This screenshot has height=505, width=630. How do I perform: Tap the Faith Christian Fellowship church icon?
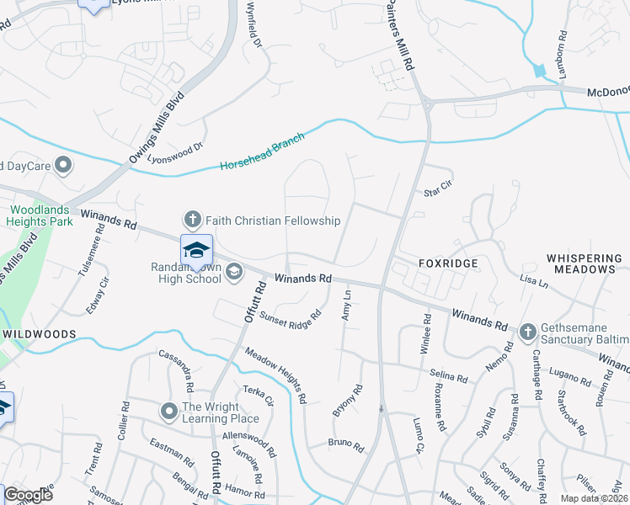click(192, 221)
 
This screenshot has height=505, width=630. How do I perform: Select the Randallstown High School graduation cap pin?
click(196, 251)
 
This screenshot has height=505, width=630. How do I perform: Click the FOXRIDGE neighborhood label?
click(448, 263)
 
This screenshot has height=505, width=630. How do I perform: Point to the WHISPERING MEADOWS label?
click(581, 263)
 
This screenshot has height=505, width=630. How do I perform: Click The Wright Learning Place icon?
click(169, 412)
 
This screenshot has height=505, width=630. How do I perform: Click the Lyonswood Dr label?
click(176, 152)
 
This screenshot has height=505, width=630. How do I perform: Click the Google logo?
click(28, 495)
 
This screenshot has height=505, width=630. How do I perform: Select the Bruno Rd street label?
click(345, 443)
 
